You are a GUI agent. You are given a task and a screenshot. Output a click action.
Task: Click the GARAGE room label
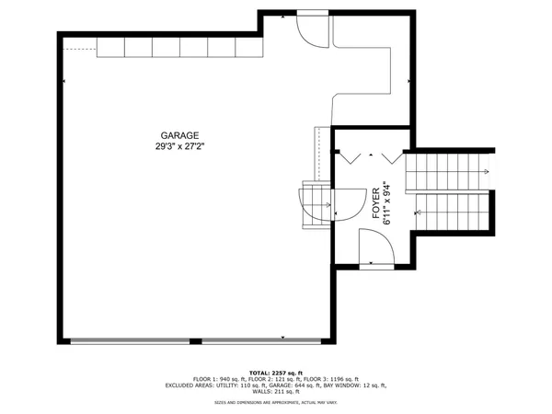coord(179,135)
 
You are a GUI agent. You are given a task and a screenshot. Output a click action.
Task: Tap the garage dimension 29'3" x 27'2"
coord(179,146)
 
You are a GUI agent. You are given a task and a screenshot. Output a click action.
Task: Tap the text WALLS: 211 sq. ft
coord(275,392)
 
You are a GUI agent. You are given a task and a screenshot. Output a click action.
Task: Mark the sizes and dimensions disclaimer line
coord(275,402)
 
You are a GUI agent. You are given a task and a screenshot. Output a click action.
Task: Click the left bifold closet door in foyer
coord(349,155)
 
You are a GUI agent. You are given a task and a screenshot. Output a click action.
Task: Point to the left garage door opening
coord(129,340)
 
